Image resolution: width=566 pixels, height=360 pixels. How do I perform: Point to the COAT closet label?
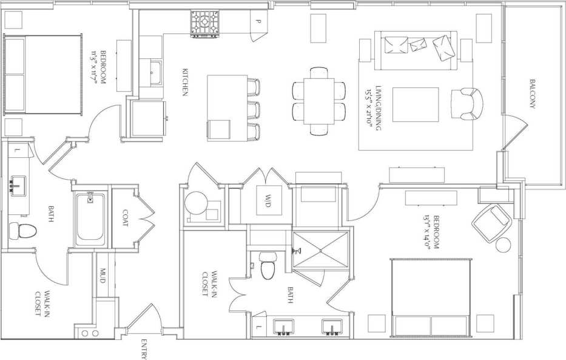(x=125, y=218)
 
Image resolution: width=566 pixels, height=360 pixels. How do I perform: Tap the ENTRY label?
(x=144, y=349)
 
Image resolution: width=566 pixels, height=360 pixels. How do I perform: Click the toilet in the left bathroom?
(x=24, y=231)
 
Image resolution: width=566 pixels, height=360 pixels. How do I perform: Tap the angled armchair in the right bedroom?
(x=492, y=222)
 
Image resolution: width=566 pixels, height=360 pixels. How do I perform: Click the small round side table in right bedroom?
(x=504, y=246)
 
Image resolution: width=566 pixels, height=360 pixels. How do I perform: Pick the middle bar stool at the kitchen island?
(x=254, y=110)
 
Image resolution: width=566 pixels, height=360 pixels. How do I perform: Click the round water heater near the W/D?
(x=197, y=204)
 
